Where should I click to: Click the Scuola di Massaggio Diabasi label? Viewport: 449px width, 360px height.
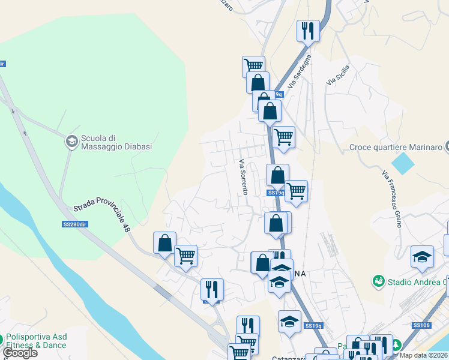[116, 142]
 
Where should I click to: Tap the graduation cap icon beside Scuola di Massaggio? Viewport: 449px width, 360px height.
[71, 142]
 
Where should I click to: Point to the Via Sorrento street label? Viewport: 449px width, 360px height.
[243, 176]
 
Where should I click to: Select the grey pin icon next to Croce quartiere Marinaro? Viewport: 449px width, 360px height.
[447, 147]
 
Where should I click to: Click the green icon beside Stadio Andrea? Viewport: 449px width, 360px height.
[378, 281]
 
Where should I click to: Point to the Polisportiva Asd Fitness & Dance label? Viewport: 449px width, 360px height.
[36, 341]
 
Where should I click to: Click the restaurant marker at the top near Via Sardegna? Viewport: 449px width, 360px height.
[308, 31]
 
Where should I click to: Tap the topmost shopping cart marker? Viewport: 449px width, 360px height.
[253, 65]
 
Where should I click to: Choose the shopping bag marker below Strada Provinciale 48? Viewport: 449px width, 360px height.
[164, 244]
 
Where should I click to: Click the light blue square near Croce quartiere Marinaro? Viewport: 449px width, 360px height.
[402, 163]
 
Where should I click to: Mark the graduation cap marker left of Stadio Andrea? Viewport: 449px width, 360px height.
[422, 257]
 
